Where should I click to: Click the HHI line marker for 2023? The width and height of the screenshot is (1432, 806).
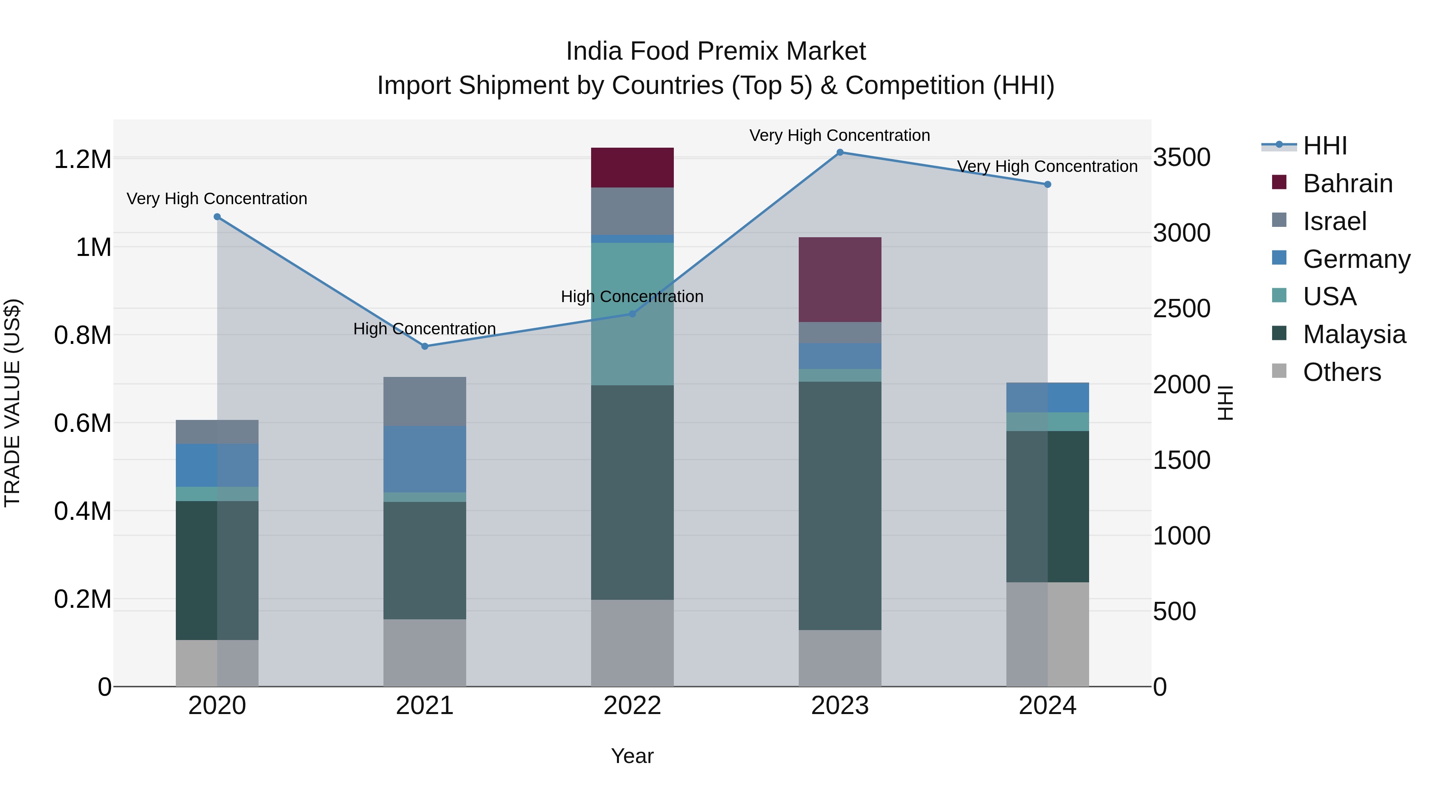[840, 152]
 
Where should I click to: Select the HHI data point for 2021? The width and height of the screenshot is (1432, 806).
[425, 346]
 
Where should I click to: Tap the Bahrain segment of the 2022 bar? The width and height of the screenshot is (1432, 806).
[632, 168]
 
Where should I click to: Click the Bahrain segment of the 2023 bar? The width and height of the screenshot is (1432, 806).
[840, 279]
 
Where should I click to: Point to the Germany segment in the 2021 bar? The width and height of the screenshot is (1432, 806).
[425, 459]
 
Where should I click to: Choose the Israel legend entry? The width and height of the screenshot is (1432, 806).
[1334, 221]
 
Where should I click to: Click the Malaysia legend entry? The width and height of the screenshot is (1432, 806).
[1354, 334]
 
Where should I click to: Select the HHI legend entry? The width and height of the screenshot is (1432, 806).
[1325, 146]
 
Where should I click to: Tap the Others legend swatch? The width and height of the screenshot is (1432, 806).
[1279, 371]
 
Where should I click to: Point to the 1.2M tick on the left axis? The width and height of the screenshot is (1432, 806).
[82, 160]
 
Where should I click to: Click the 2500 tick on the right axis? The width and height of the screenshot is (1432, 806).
[1181, 309]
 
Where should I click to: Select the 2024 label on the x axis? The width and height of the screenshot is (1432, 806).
[1047, 706]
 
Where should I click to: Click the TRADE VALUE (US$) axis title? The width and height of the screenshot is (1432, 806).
[12, 403]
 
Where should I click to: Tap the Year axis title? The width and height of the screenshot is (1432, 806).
[632, 756]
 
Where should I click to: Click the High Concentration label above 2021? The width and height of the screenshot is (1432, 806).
[425, 329]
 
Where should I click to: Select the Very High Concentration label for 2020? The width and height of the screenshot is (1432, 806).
[217, 199]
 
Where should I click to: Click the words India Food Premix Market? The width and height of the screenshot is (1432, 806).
[716, 51]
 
